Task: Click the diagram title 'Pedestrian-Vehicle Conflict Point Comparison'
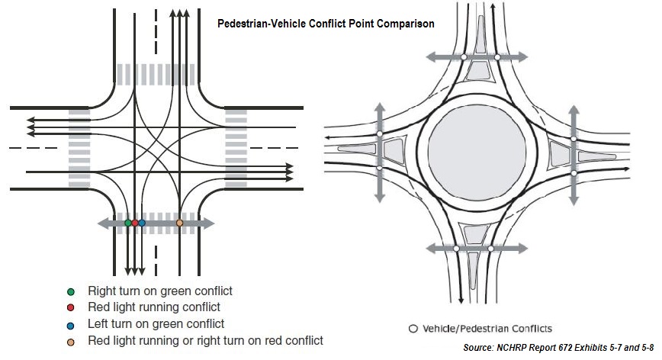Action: (x=325, y=24)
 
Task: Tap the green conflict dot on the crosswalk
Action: (x=127, y=223)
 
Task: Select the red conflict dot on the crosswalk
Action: (x=135, y=223)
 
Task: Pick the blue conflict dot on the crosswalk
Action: (x=142, y=223)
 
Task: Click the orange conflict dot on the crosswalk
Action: (x=180, y=223)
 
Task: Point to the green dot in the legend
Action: (x=71, y=291)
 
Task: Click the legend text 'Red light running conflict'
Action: (x=154, y=307)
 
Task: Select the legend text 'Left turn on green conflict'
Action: (x=156, y=323)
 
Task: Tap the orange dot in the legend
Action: (x=71, y=340)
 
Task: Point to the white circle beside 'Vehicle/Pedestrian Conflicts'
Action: (x=413, y=329)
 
